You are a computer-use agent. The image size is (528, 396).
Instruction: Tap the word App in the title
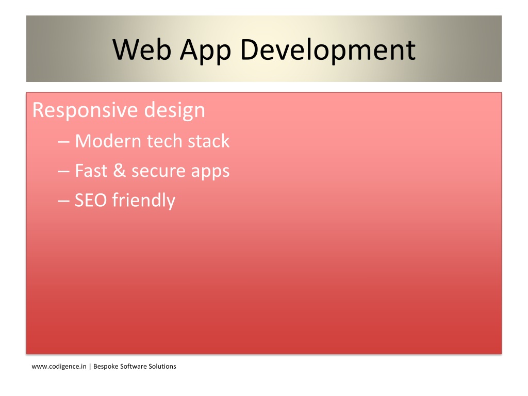205,51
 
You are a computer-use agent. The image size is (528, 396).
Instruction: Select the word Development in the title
328,50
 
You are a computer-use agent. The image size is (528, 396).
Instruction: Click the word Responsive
85,110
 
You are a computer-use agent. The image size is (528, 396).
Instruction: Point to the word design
174,110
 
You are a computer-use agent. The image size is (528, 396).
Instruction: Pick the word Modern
108,141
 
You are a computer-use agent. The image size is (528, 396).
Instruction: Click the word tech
164,141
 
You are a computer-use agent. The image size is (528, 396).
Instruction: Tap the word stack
208,141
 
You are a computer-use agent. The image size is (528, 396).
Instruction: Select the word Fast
91,170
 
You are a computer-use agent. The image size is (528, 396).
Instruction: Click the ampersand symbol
119,170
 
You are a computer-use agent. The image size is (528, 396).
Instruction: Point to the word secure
158,172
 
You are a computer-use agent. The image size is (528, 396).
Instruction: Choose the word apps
210,172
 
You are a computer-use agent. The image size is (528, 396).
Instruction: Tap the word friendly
144,201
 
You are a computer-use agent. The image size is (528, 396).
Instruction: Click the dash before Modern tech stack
63,142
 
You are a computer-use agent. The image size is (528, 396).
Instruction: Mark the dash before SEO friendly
63,201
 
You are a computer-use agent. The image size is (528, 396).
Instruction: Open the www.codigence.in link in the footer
59,367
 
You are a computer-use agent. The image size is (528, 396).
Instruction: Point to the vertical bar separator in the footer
90,367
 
